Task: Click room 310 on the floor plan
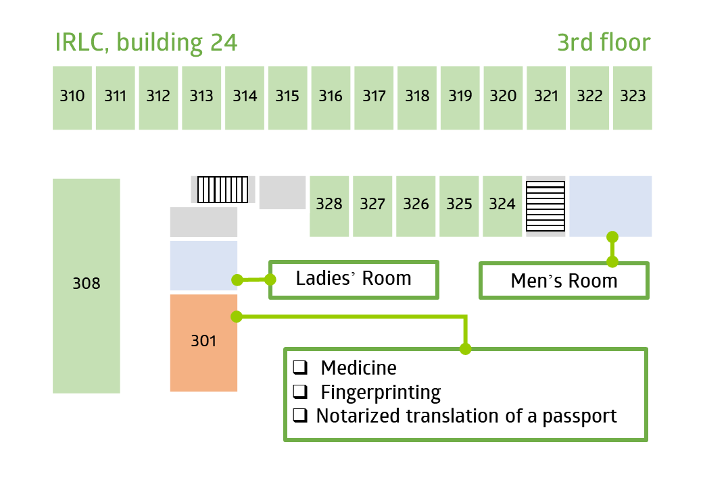(x=72, y=98)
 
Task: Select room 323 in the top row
(x=632, y=98)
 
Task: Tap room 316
(x=331, y=98)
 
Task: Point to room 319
(x=460, y=98)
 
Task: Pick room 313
(x=201, y=98)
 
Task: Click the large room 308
(x=86, y=286)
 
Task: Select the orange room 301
(x=203, y=343)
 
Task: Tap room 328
(x=329, y=207)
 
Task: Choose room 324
(x=502, y=207)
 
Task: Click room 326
(x=416, y=207)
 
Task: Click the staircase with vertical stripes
(x=223, y=190)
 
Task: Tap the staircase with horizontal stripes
(x=546, y=207)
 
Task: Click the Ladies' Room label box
(x=354, y=279)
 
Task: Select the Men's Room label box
(x=564, y=281)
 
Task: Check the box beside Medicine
(x=300, y=367)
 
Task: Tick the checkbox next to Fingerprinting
(x=300, y=391)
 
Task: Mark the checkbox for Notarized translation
(x=300, y=416)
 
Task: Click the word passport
(x=580, y=416)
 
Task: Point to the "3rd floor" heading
(x=604, y=43)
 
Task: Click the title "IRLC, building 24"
(x=146, y=43)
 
